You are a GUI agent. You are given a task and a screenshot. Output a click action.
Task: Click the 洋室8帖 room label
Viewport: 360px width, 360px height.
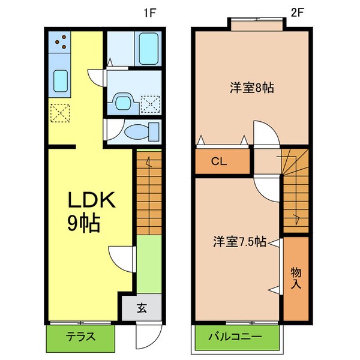(x=252, y=88)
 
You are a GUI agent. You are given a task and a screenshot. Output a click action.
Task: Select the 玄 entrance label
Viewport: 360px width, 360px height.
(x=142, y=309)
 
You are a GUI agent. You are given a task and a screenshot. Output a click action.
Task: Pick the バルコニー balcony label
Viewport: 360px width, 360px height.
(x=235, y=337)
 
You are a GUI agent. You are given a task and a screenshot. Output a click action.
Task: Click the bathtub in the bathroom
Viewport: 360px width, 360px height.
(x=146, y=50)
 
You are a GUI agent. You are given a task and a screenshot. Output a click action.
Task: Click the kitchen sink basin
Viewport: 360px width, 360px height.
(x=60, y=80)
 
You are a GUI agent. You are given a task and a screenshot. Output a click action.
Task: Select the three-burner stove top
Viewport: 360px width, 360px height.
(x=60, y=41)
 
